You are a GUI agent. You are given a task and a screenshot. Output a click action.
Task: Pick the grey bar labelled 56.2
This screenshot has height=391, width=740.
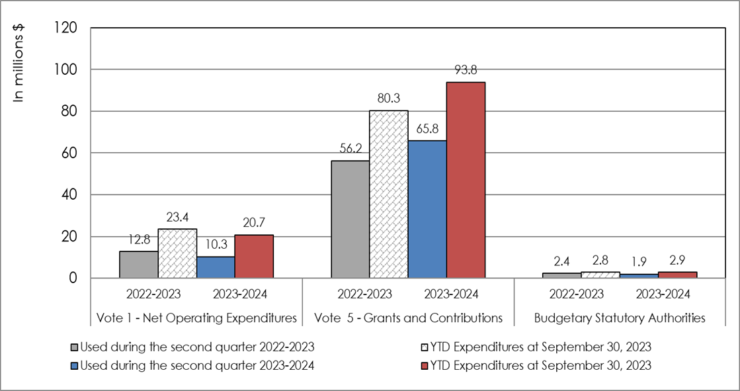350,219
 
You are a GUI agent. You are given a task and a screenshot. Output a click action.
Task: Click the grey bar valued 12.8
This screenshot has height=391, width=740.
138,265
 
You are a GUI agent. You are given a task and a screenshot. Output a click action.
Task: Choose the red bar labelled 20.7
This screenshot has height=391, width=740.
254,256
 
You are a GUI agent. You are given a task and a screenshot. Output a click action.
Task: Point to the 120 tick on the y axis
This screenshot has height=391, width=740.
67,28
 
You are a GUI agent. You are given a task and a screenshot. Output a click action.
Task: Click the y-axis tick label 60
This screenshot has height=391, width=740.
71,153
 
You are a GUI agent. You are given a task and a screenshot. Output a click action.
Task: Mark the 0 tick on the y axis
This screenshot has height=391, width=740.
75,279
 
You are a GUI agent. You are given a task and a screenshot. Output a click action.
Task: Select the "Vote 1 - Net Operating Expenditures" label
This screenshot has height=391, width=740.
196,318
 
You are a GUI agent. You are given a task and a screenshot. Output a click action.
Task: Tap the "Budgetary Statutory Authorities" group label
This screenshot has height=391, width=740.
620,318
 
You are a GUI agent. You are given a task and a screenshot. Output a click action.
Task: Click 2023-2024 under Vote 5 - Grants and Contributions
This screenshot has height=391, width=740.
446,294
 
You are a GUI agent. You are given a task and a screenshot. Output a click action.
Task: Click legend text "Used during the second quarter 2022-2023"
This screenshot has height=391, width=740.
196,347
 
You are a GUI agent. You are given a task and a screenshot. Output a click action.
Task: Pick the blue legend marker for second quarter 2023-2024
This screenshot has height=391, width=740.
74,366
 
